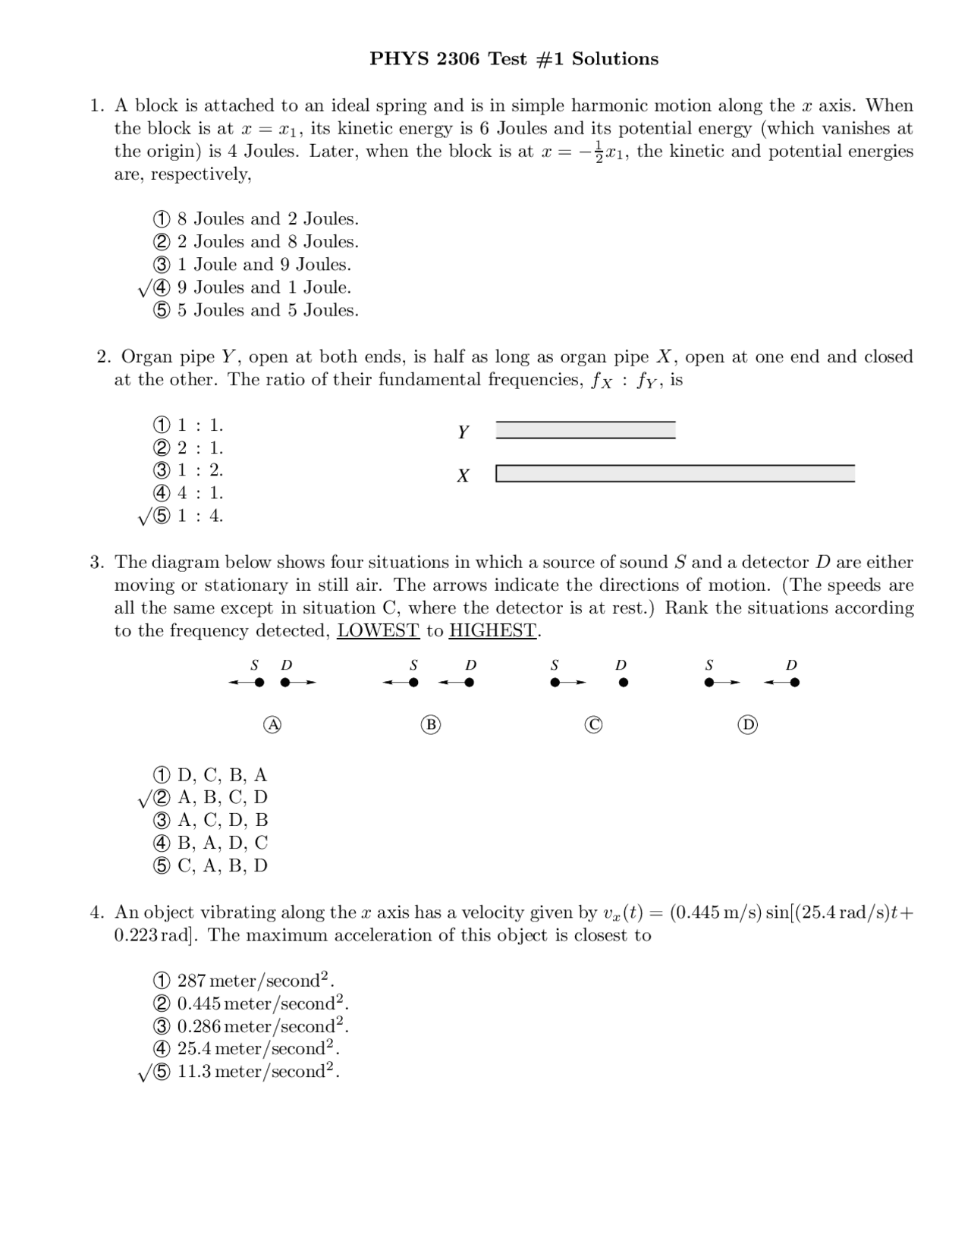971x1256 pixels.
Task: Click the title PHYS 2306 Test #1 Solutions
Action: click(x=514, y=59)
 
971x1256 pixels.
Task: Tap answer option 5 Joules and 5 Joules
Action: click(x=256, y=310)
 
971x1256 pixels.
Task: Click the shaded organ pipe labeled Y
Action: click(x=585, y=431)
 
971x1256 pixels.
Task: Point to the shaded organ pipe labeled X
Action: click(x=675, y=474)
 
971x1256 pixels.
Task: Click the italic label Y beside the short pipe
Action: click(x=463, y=432)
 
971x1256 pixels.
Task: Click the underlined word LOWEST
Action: click(x=378, y=631)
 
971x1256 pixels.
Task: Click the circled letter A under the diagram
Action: click(x=272, y=725)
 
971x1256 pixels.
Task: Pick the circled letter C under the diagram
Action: click(x=594, y=725)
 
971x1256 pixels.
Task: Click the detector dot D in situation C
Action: click(x=624, y=683)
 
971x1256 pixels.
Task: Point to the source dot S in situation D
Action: click(x=709, y=683)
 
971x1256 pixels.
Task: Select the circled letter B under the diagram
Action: click(x=431, y=725)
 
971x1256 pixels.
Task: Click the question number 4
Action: click(x=96, y=912)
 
